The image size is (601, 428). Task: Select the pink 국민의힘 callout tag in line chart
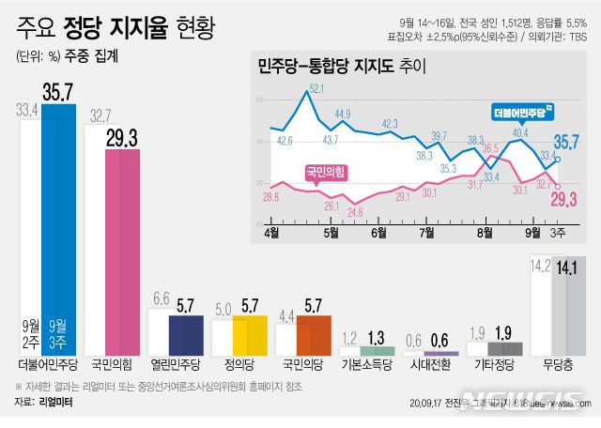point(325,171)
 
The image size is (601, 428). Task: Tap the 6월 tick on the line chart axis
point(379,232)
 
